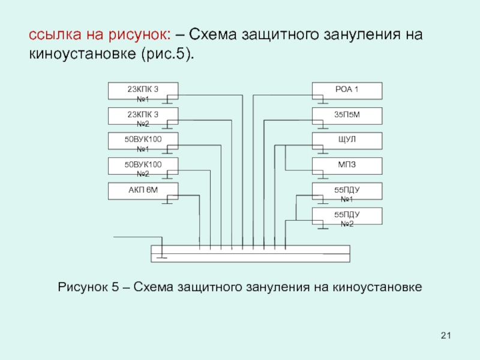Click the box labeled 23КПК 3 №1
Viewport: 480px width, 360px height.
click(142, 91)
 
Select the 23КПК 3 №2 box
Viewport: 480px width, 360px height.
click(142, 116)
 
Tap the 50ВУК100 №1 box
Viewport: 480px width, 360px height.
click(142, 141)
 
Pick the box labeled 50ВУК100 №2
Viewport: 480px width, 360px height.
click(142, 166)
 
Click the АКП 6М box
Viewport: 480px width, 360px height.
click(142, 191)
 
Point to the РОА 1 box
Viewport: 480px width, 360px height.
click(347, 91)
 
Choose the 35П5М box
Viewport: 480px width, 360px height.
click(347, 116)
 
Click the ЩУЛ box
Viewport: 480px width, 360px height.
click(347, 141)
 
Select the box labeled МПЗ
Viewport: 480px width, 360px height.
click(347, 166)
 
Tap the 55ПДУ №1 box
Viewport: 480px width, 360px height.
click(347, 191)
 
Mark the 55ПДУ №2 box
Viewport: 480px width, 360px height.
click(347, 216)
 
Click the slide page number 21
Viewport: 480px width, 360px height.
click(445, 334)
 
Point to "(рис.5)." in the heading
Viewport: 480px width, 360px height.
click(167, 54)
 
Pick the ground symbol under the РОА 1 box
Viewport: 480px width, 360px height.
click(322, 102)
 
